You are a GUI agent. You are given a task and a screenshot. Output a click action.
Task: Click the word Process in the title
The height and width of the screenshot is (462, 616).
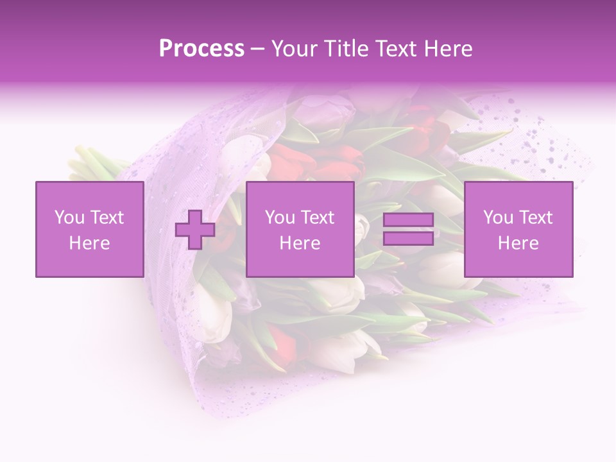click(x=201, y=49)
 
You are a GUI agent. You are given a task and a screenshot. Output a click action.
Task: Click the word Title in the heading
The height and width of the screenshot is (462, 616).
click(x=346, y=49)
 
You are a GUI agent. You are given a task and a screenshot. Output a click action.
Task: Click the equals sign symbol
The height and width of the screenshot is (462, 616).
click(x=408, y=229)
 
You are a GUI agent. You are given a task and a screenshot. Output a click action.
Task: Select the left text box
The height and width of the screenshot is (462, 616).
click(x=89, y=229)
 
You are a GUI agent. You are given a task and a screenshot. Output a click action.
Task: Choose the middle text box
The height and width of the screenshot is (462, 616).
click(x=300, y=229)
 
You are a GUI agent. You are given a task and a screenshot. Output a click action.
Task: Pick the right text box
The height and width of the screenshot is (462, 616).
click(x=518, y=229)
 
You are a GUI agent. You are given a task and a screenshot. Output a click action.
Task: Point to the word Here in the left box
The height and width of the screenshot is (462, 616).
click(x=89, y=243)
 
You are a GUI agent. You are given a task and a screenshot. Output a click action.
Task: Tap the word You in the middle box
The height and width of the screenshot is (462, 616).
click(x=280, y=218)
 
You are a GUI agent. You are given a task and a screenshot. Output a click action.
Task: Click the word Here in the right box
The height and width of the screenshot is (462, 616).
click(x=518, y=243)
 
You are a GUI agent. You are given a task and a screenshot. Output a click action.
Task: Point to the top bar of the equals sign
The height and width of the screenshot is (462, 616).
click(x=408, y=220)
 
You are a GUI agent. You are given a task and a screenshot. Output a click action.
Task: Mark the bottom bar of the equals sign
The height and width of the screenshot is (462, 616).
click(x=408, y=238)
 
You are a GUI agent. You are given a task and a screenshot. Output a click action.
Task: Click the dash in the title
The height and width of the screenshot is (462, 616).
click(x=257, y=49)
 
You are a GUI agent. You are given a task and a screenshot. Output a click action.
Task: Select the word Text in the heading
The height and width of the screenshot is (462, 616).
click(x=395, y=49)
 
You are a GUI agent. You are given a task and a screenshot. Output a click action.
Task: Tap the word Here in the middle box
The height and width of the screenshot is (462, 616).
click(x=300, y=243)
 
